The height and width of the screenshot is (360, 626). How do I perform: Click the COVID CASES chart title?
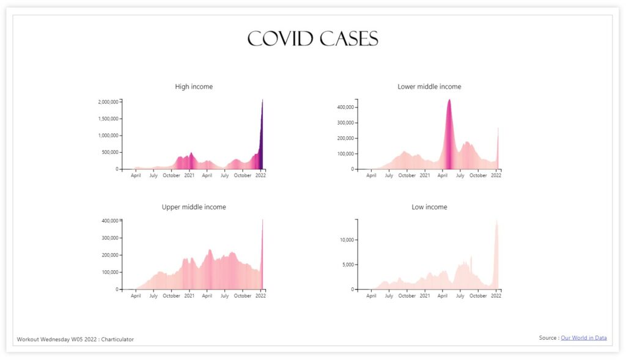tap(312, 39)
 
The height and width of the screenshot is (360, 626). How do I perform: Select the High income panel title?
tap(194, 87)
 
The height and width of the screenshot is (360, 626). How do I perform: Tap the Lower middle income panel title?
tap(429, 87)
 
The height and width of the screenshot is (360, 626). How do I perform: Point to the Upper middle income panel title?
tap(194, 207)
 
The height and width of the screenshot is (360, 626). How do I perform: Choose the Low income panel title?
tap(429, 207)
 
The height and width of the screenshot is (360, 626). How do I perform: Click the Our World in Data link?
tap(583, 338)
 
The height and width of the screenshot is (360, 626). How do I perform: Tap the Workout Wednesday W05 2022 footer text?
tap(75, 339)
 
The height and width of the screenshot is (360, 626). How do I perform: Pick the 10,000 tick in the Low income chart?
tap(347, 240)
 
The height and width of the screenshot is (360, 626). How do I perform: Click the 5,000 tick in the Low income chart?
tap(348, 265)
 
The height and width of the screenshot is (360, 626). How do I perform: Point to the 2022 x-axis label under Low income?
tap(496, 296)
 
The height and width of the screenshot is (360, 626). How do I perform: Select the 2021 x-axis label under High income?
tap(190, 175)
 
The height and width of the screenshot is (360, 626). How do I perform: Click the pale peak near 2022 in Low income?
tap(496, 224)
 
